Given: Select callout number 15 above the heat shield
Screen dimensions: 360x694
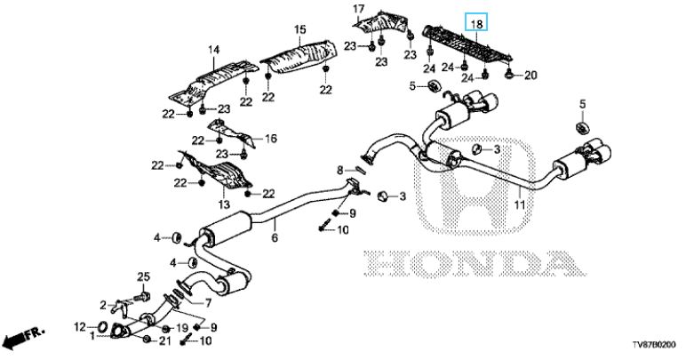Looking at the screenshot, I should (299, 30).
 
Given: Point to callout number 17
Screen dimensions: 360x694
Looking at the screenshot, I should (359, 10).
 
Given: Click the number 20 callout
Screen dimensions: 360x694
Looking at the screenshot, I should (530, 76).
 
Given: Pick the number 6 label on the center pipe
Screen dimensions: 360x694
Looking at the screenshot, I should (275, 239).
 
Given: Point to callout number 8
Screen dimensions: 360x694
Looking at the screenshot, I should (339, 170).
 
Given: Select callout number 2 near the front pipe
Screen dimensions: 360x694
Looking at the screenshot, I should (103, 304).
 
